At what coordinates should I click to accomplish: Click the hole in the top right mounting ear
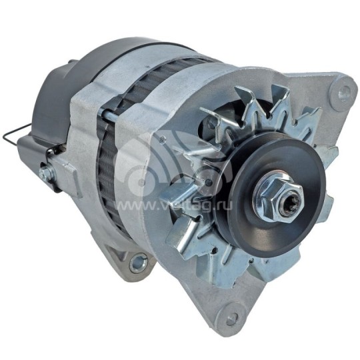(x=344, y=89)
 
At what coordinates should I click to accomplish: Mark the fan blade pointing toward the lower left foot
(x=183, y=233)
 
